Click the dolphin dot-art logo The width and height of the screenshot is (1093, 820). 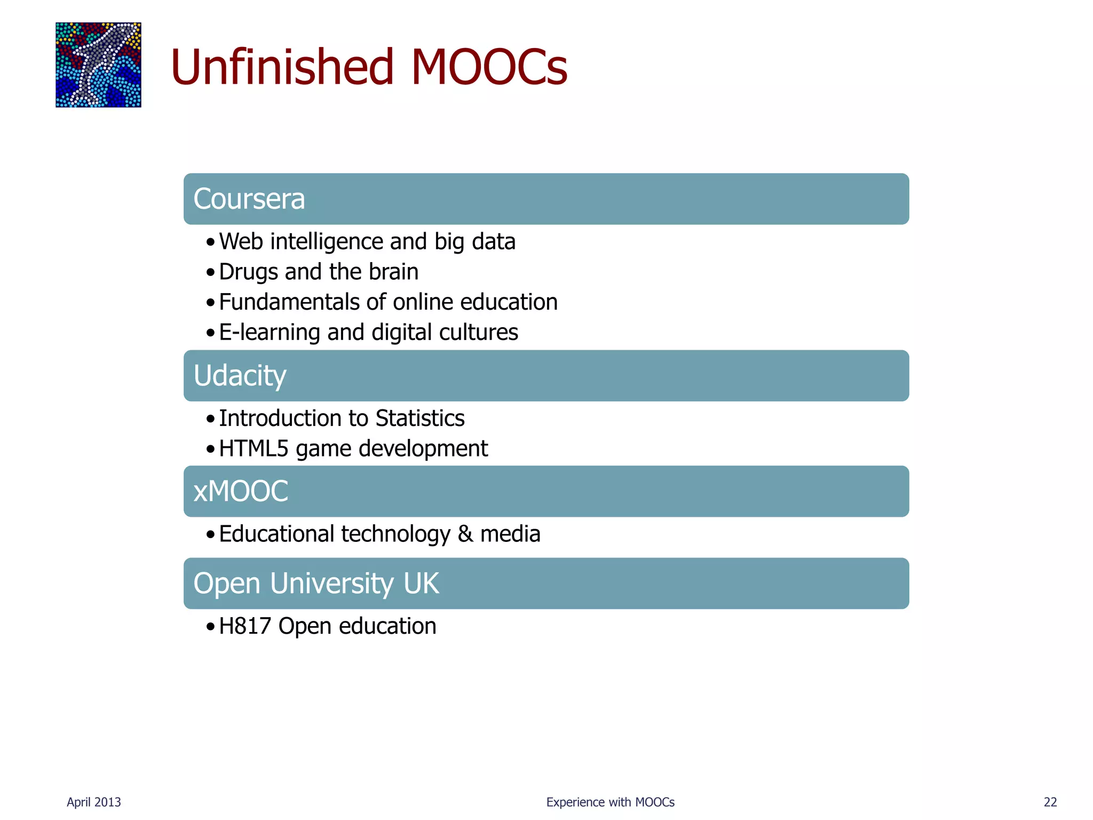click(x=98, y=65)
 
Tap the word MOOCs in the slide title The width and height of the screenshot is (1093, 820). click(x=488, y=67)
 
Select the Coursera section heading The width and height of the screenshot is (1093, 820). click(x=249, y=199)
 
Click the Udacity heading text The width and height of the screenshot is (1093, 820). click(x=240, y=376)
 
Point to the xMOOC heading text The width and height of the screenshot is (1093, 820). click(x=241, y=491)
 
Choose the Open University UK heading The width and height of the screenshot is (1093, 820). click(x=316, y=584)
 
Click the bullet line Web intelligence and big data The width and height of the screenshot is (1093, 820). click(x=367, y=242)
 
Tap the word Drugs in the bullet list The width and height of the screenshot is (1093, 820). click(x=248, y=272)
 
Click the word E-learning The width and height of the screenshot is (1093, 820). click(x=269, y=333)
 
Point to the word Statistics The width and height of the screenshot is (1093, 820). click(x=420, y=419)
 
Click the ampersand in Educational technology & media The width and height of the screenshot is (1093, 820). click(x=465, y=534)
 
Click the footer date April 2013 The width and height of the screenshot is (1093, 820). click(x=94, y=802)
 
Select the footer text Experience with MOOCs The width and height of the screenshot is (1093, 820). click(x=610, y=802)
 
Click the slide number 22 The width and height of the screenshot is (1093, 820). click(x=1050, y=802)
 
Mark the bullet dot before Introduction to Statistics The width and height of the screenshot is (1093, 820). click(x=211, y=419)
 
